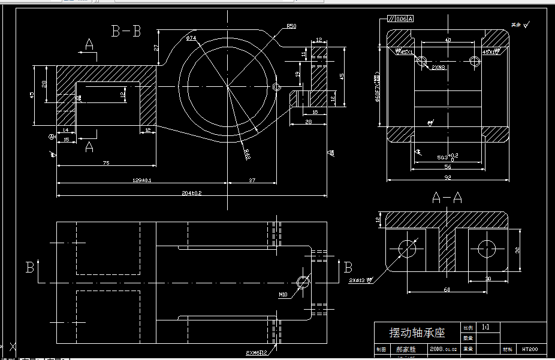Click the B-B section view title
coord(126,31)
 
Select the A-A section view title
coord(447,197)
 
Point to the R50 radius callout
coord(291,26)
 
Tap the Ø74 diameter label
coord(191,38)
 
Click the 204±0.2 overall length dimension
coord(191,193)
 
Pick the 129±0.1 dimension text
coord(141,180)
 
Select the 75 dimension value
coord(105,163)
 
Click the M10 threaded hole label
coord(283,294)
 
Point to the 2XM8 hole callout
coord(439,68)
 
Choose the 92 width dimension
coord(447,177)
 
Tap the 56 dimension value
coord(447,167)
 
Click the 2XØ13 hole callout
coord(360,279)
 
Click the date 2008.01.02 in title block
coord(443,348)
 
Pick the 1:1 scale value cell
coord(486,328)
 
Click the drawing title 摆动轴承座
coord(417,333)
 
